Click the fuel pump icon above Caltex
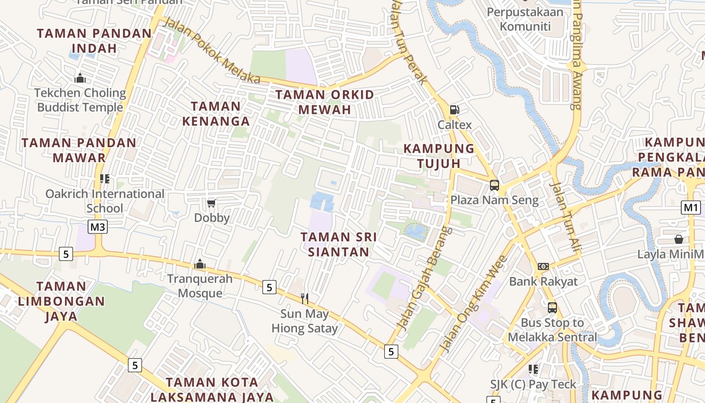[454, 109]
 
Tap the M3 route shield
[98, 227]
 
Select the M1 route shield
[691, 208]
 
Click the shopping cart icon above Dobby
[211, 203]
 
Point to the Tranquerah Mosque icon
[200, 264]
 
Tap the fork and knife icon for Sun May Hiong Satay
[304, 299]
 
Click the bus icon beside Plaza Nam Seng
[495, 185]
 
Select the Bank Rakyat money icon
[543, 266]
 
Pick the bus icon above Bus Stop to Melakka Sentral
[552, 307]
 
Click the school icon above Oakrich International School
[105, 179]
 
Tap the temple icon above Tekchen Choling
[80, 78]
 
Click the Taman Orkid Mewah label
[325, 102]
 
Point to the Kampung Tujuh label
[439, 156]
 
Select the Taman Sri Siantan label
[338, 244]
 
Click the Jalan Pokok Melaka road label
[212, 51]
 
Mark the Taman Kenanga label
[216, 114]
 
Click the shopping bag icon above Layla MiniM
[679, 239]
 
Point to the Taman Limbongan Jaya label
[61, 301]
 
